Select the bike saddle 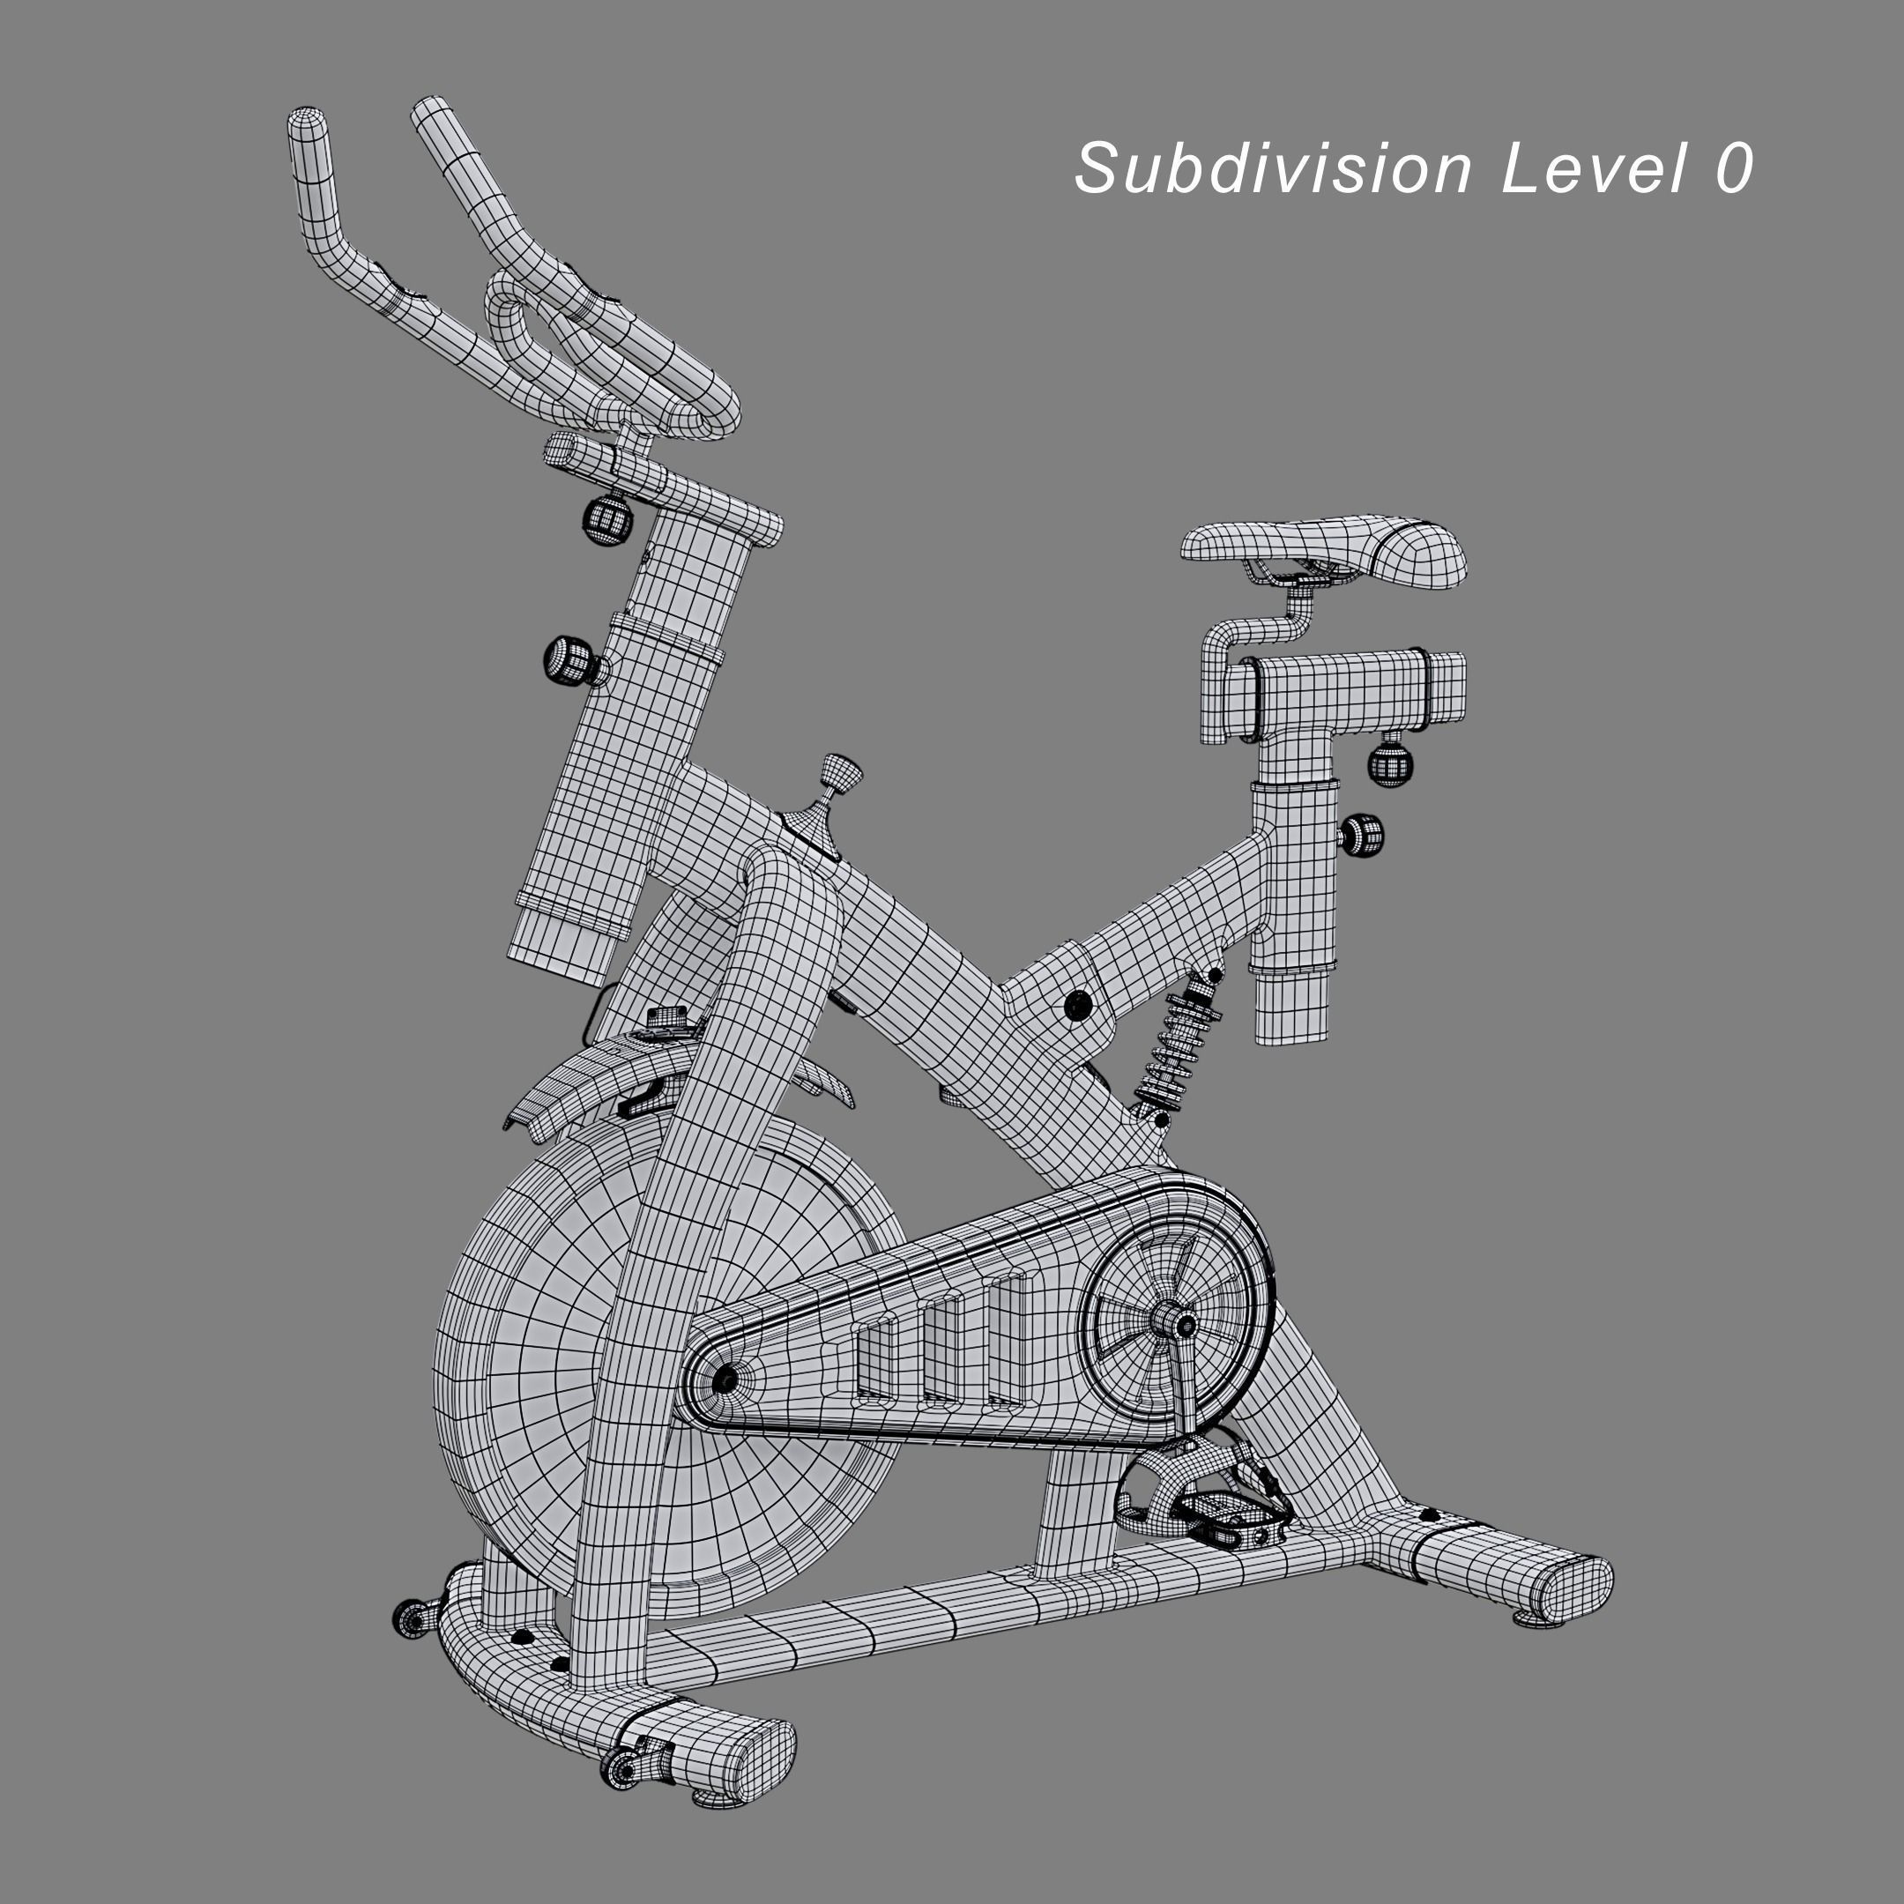coord(1327,547)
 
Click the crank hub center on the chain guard coord(1177,1322)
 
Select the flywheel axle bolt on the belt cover coord(725,1380)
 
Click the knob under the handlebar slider coord(608,519)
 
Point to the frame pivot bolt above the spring coord(1079,1005)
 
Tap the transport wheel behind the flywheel coord(412,1618)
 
